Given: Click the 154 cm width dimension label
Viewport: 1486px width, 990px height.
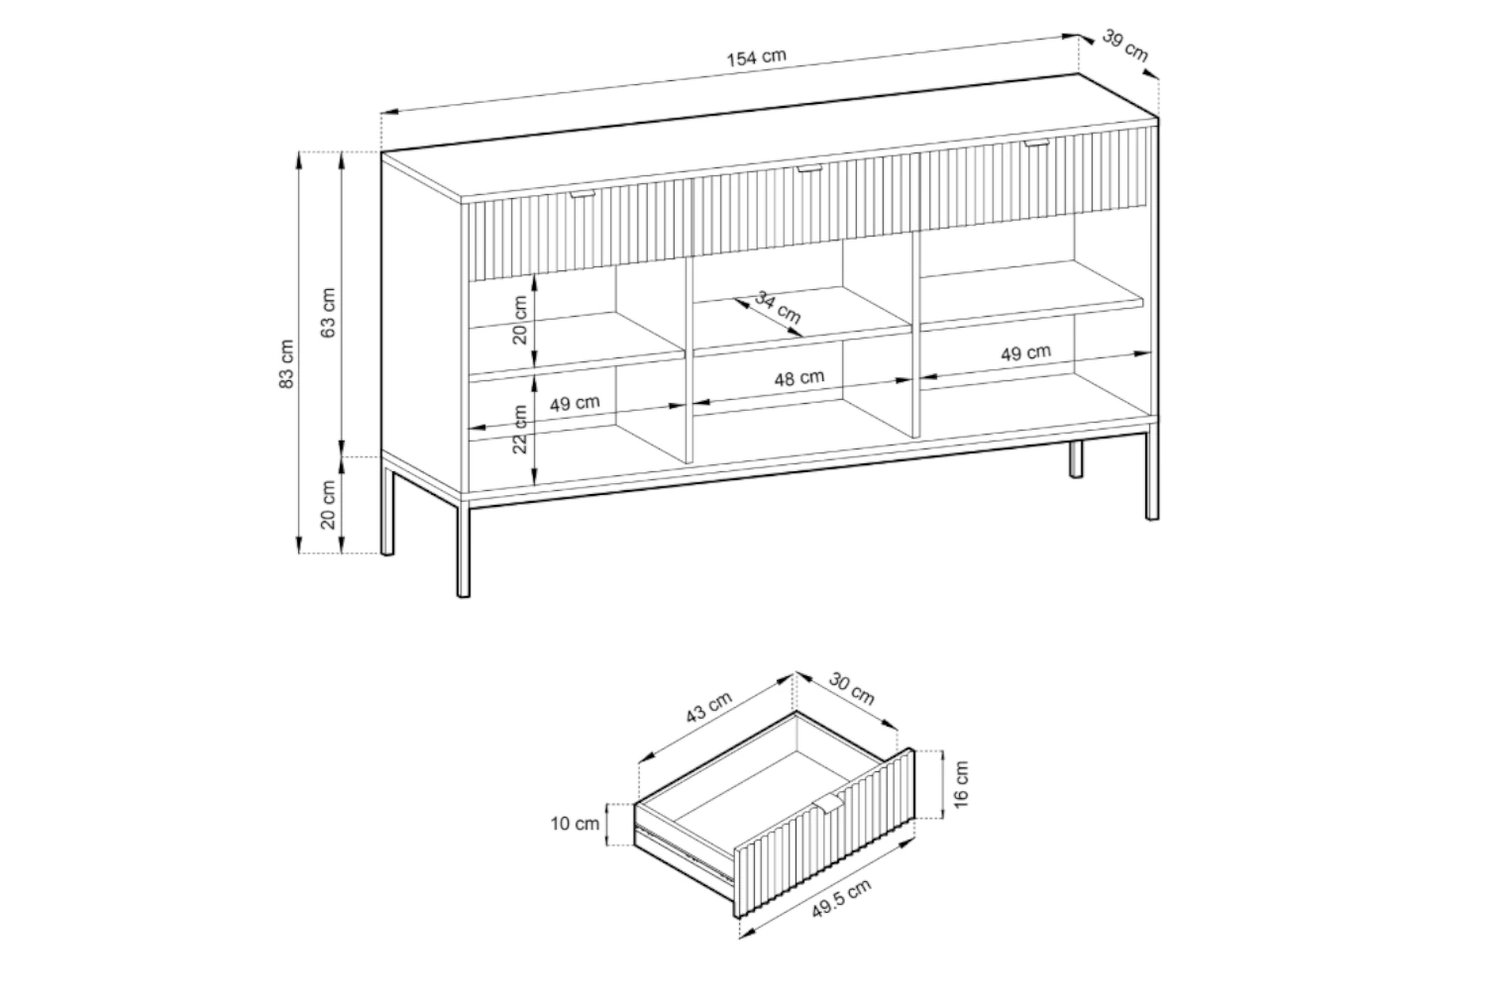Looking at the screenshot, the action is click(756, 57).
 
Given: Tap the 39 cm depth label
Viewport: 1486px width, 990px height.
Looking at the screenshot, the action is click(1125, 46).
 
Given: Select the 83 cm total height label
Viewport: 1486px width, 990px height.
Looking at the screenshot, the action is click(286, 364).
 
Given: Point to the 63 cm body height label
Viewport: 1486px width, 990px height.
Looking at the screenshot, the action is click(328, 312).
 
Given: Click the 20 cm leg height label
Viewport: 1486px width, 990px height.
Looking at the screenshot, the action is click(328, 505).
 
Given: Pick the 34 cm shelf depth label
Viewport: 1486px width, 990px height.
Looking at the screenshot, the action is click(778, 307).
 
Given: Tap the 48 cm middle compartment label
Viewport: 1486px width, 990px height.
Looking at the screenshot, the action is click(799, 378).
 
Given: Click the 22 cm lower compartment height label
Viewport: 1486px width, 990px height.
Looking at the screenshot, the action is click(520, 429).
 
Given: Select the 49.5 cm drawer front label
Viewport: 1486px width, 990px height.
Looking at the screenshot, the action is click(842, 899).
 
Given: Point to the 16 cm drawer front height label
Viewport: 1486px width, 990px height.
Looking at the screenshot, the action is click(961, 784).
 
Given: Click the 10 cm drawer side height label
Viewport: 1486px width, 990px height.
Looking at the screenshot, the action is click(575, 824).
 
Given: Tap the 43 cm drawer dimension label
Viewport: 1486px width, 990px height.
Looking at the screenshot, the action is click(708, 708).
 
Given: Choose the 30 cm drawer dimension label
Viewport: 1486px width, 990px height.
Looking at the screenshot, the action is click(852, 690).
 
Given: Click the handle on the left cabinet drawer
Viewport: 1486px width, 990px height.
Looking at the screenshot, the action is click(584, 194).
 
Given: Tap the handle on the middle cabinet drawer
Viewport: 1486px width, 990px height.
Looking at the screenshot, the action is click(808, 169).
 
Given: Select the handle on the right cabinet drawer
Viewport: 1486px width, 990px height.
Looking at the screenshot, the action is click(1037, 144).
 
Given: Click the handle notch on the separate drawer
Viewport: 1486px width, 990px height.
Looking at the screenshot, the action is click(828, 805).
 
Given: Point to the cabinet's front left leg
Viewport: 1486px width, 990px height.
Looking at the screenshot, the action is click(464, 551).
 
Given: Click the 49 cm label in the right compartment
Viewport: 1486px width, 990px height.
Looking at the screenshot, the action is click(1025, 352).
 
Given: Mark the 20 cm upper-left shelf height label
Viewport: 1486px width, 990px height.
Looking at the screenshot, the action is click(520, 320).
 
